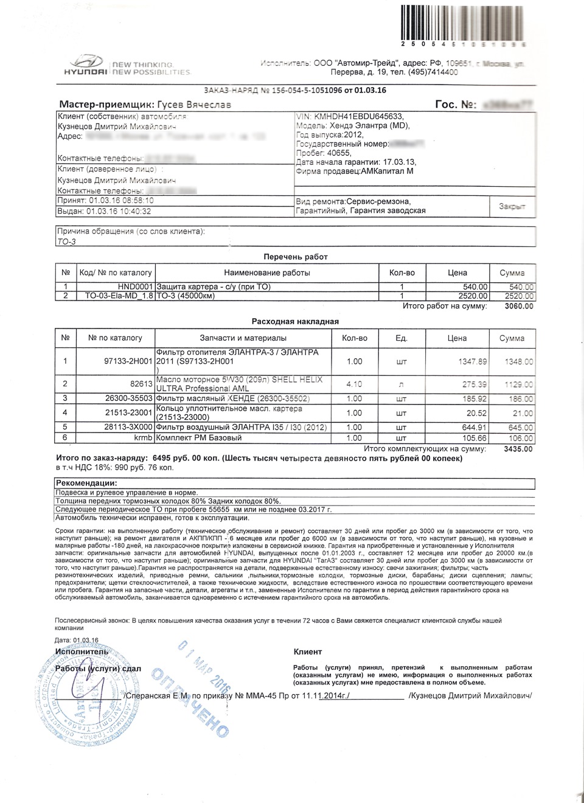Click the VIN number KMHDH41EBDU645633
click(359, 117)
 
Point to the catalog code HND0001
click(135, 287)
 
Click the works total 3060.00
click(519, 306)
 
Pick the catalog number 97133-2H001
click(128, 361)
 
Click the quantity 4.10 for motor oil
click(354, 384)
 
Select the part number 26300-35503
click(128, 399)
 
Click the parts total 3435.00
click(518, 449)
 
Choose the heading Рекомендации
click(86, 483)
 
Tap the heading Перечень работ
click(296, 257)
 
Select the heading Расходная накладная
click(295, 321)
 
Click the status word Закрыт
click(512, 207)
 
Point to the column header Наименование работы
click(266, 273)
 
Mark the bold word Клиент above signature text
click(308, 652)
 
